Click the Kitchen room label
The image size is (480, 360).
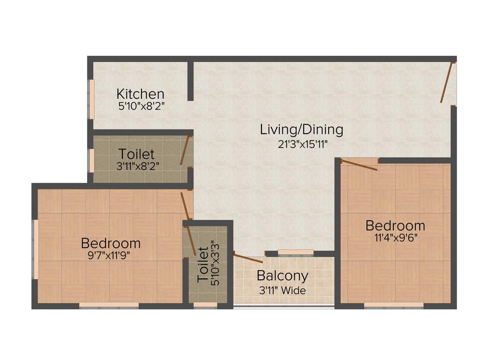coord(140,94)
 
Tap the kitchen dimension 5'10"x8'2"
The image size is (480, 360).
coord(141,106)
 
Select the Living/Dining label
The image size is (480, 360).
coord(301,129)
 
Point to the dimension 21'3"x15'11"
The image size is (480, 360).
coord(302,144)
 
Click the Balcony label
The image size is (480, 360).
coord(282,276)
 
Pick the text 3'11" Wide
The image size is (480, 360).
coord(282,291)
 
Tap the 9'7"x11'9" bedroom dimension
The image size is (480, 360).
coord(111,255)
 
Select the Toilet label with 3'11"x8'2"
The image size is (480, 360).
coord(136,154)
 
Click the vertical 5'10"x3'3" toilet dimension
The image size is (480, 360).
coord(215,264)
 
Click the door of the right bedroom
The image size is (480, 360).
coord(359,165)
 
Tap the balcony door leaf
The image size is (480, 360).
coord(248,258)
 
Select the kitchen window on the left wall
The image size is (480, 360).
coord(92,99)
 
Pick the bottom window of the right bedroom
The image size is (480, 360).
coord(394,305)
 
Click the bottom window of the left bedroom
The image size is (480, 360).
coord(109,305)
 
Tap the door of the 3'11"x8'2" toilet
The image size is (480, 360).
coord(186,150)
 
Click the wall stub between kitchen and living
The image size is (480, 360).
coord(190,81)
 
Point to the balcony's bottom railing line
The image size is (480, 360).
coord(284,307)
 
